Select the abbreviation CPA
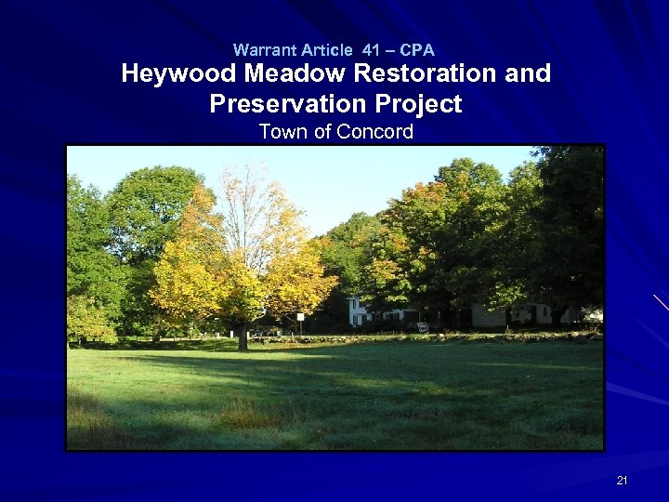pos(417,50)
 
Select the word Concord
pos(375,132)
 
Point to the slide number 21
pos(622,481)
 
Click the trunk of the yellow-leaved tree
pos(243,337)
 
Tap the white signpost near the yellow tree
pos(300,322)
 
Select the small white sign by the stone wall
pos(423,327)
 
